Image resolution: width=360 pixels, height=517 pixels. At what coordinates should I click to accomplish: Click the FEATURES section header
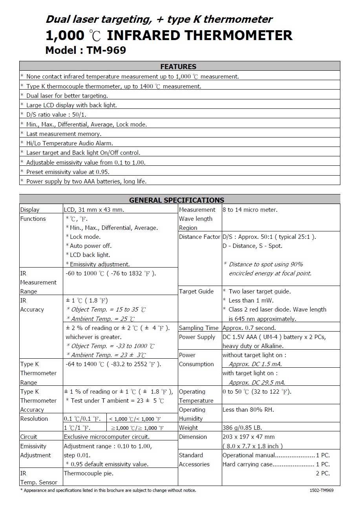[x=178, y=66]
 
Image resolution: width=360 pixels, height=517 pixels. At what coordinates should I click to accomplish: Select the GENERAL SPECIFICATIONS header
[x=177, y=200]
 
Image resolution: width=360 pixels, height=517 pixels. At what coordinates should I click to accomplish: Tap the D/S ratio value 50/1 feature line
[x=56, y=115]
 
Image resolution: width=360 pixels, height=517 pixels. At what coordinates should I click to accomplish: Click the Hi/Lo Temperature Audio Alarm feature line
[x=69, y=143]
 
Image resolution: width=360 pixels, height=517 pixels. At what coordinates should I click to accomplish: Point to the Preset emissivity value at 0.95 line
[x=68, y=172]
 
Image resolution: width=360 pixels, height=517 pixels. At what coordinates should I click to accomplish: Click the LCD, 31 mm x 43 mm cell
[x=94, y=210]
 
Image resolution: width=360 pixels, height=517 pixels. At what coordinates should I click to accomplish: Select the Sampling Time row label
[x=198, y=328]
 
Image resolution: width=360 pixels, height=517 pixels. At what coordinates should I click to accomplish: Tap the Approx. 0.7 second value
[x=249, y=328]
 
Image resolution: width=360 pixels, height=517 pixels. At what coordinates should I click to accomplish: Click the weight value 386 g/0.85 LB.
[x=242, y=428]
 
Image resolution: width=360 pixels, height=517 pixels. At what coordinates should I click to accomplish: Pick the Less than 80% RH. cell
[x=248, y=410]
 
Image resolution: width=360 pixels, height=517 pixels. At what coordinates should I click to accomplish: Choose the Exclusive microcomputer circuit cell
[x=106, y=437]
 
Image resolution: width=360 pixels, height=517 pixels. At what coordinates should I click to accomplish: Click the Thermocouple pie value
[x=88, y=473]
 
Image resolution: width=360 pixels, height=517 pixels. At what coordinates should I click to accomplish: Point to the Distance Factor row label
[x=199, y=237]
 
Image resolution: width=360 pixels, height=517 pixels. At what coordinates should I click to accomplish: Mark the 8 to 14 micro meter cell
[x=250, y=210]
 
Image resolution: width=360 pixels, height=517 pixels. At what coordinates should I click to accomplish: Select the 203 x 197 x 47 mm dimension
[x=249, y=437]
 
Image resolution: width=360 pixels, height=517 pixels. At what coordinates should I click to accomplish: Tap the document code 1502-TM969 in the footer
[x=322, y=490]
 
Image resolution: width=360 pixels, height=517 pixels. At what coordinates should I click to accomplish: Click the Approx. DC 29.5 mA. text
[x=257, y=382]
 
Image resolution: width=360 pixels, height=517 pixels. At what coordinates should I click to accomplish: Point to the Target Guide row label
[x=196, y=291]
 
